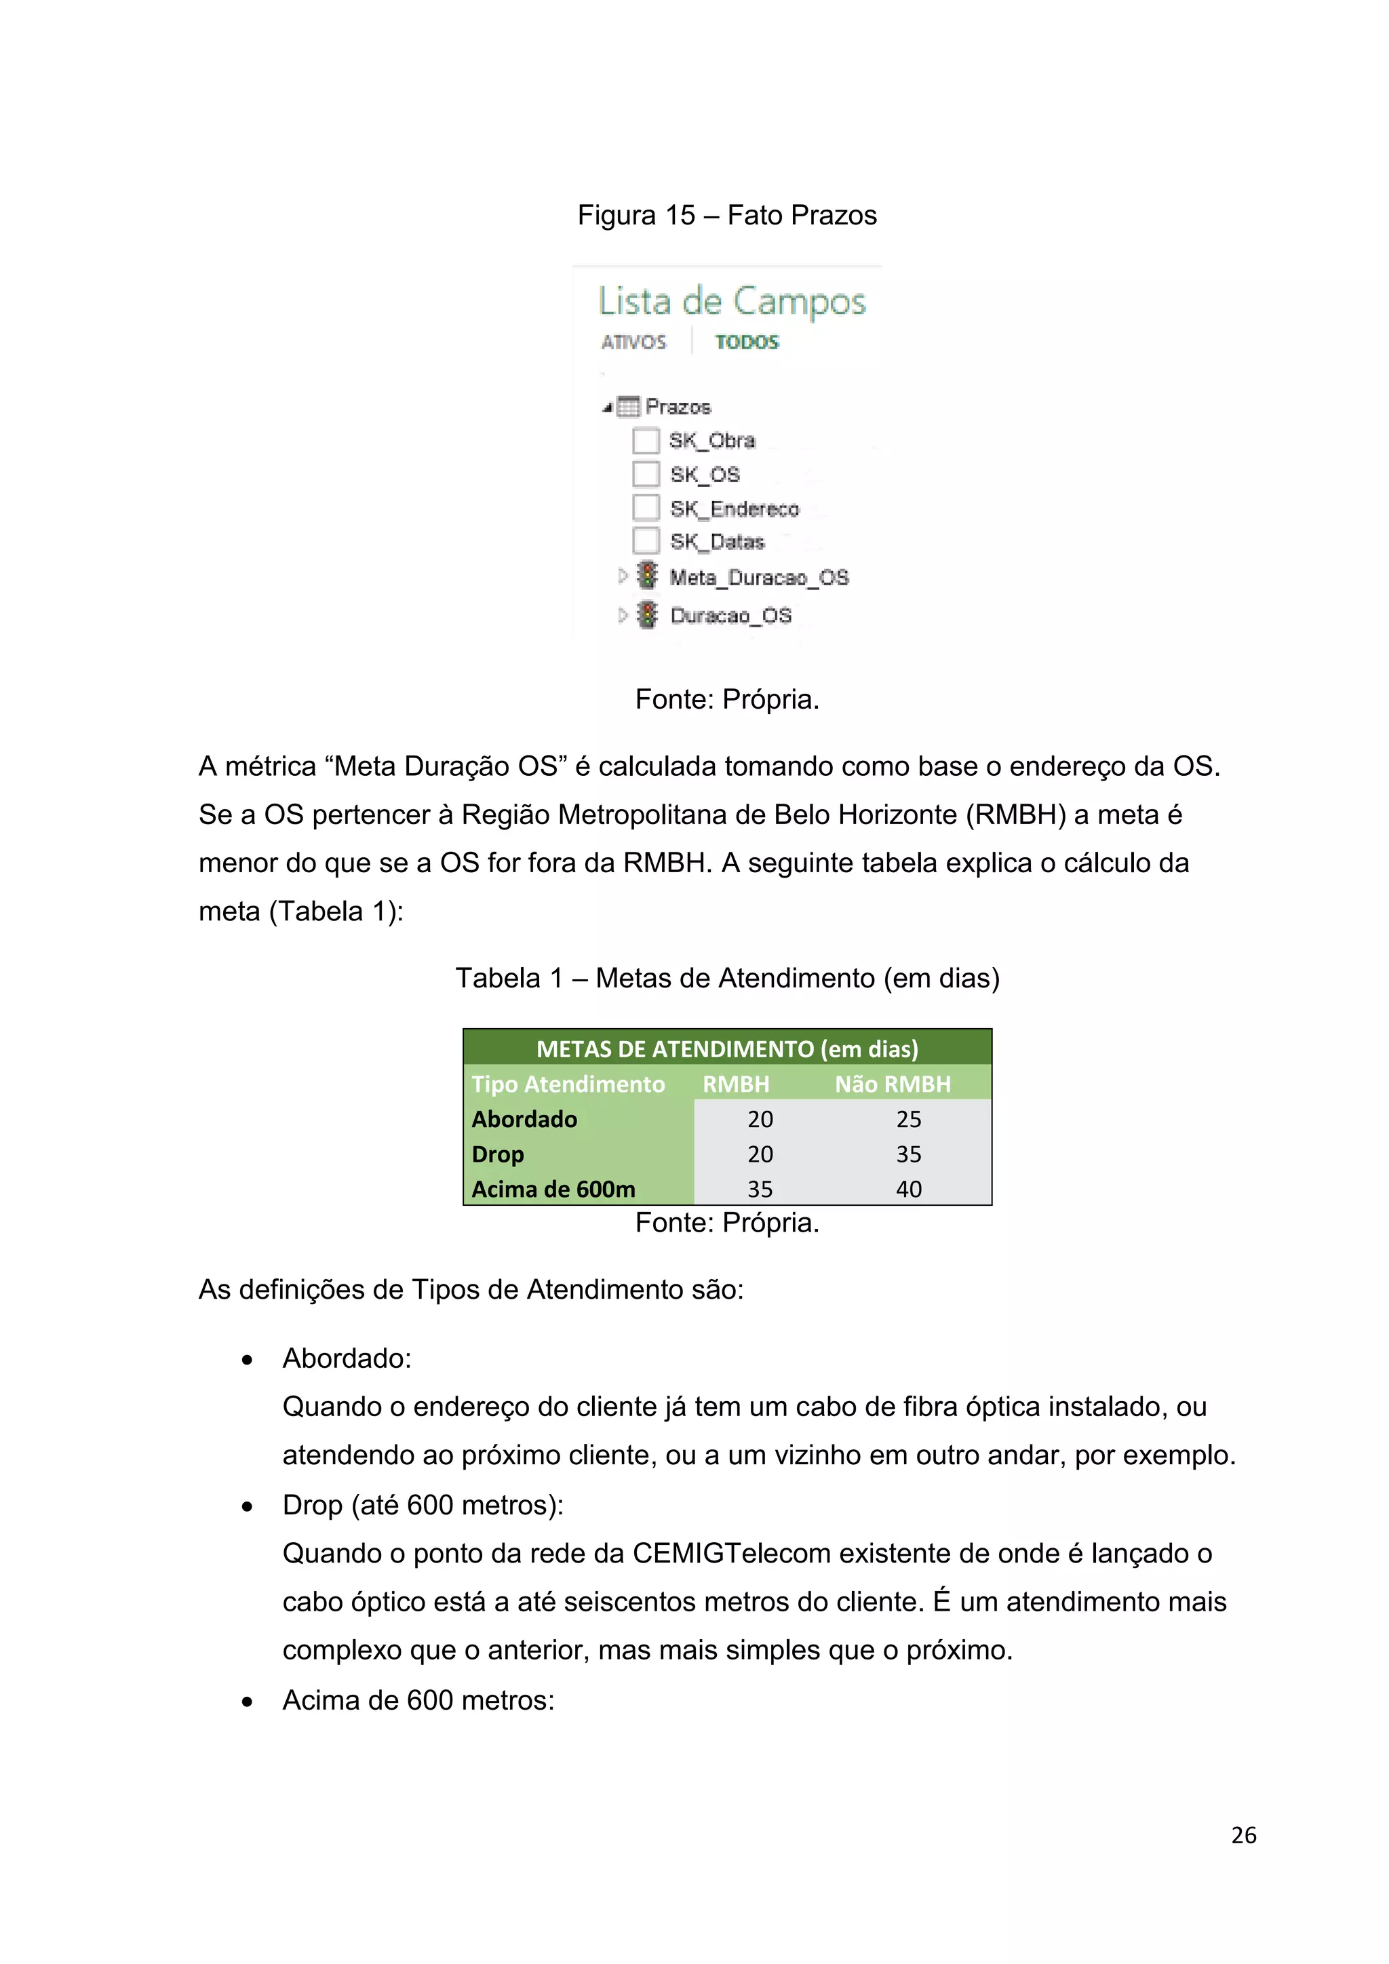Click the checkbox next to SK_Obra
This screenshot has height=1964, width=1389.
[646, 441]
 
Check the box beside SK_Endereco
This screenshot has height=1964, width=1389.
[646, 508]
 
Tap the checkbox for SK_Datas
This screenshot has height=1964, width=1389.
[646, 541]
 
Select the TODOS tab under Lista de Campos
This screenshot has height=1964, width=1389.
[747, 342]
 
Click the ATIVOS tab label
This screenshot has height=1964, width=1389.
[633, 342]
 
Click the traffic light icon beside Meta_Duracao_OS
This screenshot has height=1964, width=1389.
[648, 576]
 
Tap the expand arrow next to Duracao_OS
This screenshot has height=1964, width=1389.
[623, 614]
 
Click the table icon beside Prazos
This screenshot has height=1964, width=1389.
[629, 406]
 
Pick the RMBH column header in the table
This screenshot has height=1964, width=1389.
[736, 1084]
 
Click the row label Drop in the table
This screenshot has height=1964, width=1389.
[498, 1154]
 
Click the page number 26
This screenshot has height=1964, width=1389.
[1244, 1835]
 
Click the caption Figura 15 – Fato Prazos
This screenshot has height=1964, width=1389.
[727, 215]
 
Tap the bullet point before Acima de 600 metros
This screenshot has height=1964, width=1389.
[247, 1702]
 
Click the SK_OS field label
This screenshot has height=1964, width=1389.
[705, 474]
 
